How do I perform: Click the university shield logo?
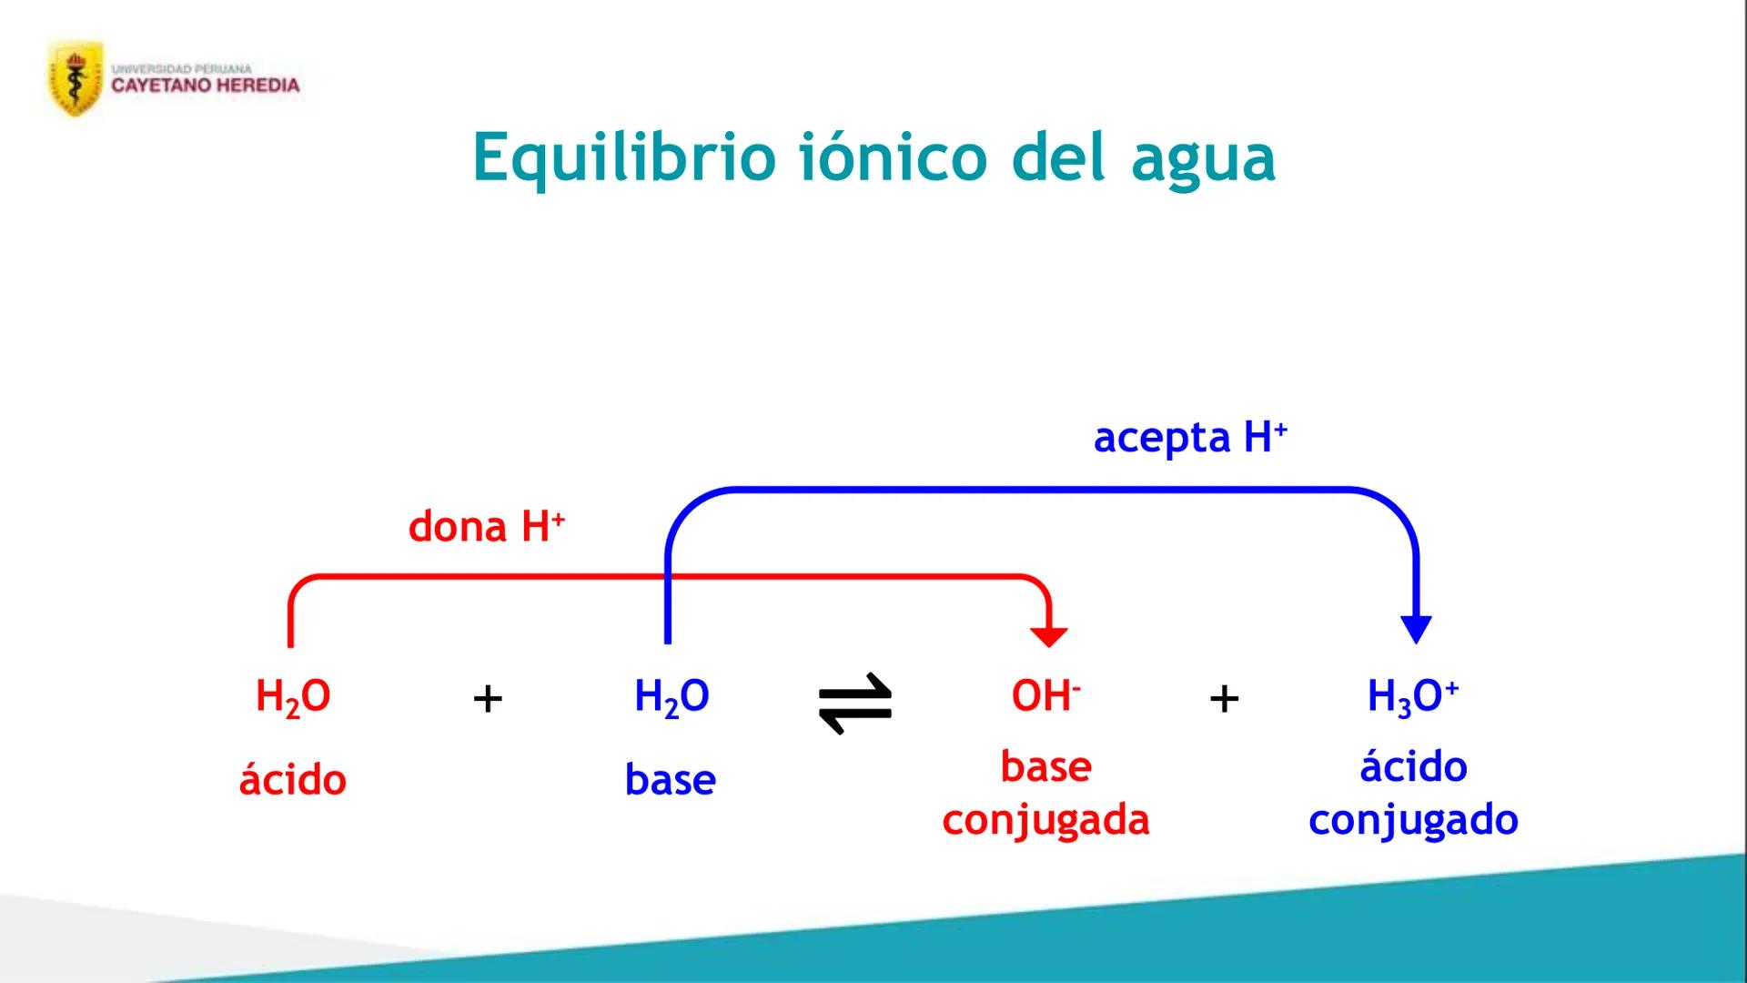[x=75, y=79]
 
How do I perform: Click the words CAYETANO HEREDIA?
[x=206, y=86]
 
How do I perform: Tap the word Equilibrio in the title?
[x=623, y=158]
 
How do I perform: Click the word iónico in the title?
[x=893, y=157]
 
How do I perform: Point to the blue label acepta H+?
[x=1189, y=438]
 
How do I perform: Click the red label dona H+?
[x=486, y=527]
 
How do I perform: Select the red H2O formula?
[x=293, y=697]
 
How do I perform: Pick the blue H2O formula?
[x=672, y=697]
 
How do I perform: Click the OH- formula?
[x=1045, y=696]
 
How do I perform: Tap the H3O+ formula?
[x=1412, y=697]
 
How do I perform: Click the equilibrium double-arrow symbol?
[x=855, y=703]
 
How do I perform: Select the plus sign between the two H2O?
[x=488, y=699]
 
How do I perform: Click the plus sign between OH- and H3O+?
[x=1224, y=699]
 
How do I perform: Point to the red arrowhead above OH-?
[x=1049, y=636]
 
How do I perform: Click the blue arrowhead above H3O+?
[x=1416, y=629]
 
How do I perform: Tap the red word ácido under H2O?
[x=293, y=780]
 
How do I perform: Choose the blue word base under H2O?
[x=671, y=780]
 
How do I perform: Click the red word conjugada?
[x=1045, y=820]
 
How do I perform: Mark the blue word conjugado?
[x=1413, y=820]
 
